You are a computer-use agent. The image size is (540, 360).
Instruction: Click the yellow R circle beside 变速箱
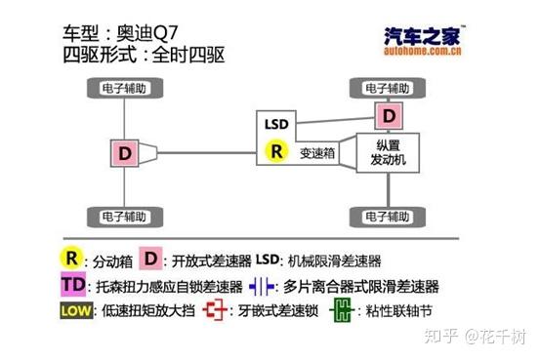tap(276, 151)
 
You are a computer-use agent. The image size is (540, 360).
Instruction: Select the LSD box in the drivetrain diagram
tap(276, 124)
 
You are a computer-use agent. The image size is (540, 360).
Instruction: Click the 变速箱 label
tap(318, 153)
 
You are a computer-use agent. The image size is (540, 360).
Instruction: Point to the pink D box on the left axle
tap(125, 153)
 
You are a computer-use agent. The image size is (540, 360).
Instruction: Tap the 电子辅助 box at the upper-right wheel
tap(390, 88)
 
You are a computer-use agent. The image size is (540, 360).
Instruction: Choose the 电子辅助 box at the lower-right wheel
tap(390, 215)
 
